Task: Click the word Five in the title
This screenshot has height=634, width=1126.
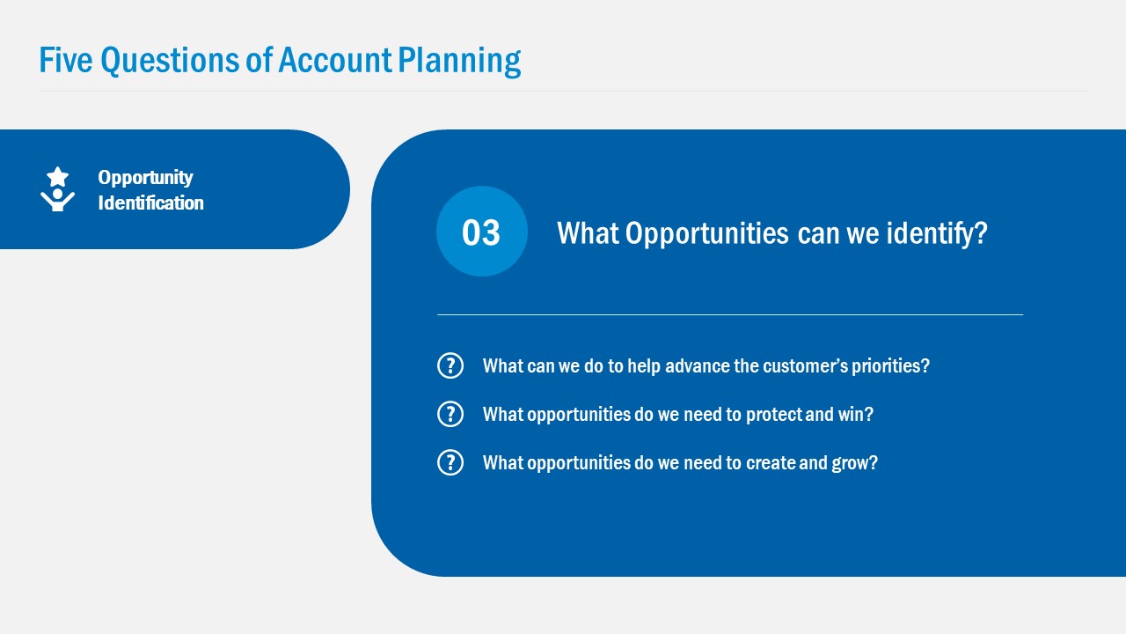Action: [x=66, y=60]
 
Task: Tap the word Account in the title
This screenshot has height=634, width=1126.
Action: [x=334, y=60]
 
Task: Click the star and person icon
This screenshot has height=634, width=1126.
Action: [x=57, y=189]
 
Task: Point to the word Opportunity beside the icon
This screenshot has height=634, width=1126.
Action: [x=145, y=177]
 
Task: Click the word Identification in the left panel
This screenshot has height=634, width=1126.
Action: [x=150, y=203]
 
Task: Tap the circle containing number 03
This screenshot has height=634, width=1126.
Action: [x=481, y=232]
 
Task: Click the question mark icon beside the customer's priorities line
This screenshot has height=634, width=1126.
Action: [x=450, y=365]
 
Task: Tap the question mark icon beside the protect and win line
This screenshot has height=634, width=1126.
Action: [x=450, y=414]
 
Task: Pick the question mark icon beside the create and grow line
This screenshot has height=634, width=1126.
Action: [x=450, y=462]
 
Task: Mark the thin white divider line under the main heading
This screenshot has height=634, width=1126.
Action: [x=730, y=314]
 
